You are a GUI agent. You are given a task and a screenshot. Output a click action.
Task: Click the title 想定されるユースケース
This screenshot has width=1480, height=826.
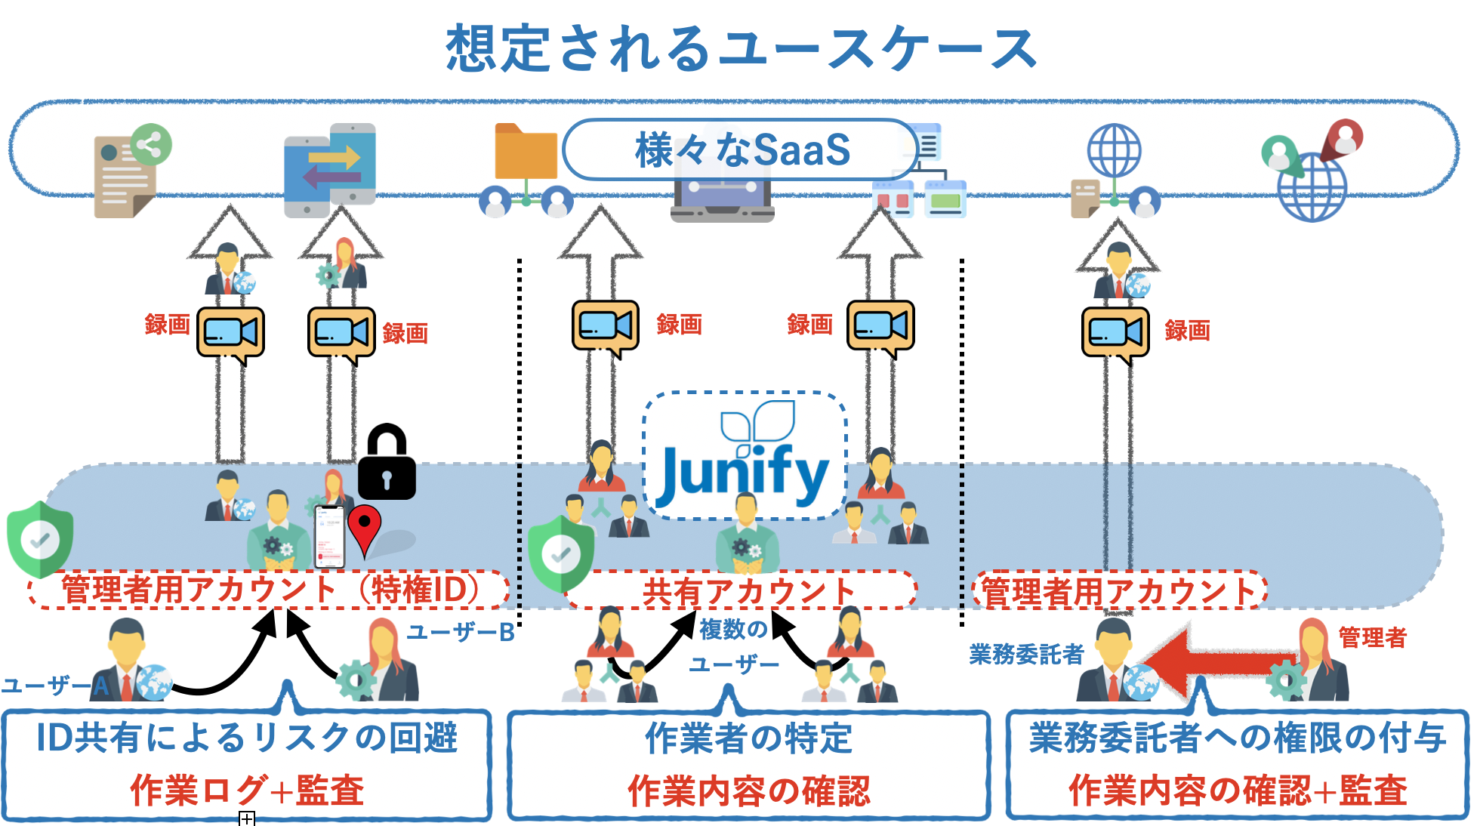tap(742, 48)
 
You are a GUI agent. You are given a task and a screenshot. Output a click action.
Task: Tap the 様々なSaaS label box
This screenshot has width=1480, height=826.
tap(742, 149)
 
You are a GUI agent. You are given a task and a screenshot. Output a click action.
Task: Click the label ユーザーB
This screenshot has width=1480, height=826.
tap(461, 633)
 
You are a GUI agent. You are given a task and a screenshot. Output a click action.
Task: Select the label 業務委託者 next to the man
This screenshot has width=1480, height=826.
tap(1026, 654)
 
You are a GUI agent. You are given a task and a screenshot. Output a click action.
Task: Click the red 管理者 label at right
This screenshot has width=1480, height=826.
tap(1372, 637)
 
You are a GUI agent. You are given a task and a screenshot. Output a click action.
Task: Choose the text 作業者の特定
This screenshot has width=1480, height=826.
tap(748, 738)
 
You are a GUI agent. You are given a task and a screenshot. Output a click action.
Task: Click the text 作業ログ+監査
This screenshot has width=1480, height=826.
tap(247, 791)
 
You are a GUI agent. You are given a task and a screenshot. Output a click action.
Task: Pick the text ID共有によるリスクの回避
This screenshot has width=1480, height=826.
tap(247, 738)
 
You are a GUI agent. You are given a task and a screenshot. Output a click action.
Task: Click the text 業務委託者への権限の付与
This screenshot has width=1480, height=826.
tap(1238, 738)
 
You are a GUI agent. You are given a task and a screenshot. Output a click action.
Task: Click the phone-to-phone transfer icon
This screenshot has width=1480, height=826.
tap(330, 170)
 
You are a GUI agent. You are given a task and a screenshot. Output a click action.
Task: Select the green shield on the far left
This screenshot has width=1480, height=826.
tap(40, 538)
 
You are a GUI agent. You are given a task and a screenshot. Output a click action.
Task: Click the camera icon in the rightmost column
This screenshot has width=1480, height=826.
tap(1115, 332)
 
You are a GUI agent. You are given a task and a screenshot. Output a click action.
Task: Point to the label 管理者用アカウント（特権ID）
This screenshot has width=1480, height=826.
tap(270, 590)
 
